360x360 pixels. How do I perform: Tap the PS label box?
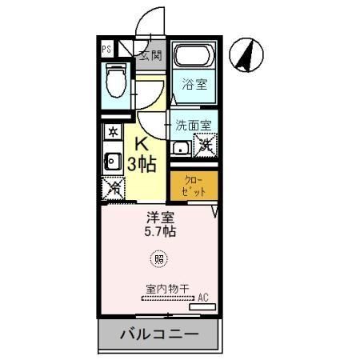pyautogui.click(x=107, y=49)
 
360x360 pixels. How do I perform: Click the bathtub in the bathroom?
pyautogui.click(x=194, y=58)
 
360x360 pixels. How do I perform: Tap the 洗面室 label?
pyautogui.click(x=194, y=126)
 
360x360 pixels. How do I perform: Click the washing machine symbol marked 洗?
pyautogui.click(x=206, y=146)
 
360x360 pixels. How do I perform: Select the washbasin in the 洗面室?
pyautogui.click(x=181, y=147)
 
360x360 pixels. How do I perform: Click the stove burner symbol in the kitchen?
pyautogui.click(x=113, y=131)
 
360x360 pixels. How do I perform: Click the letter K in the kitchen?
pyautogui.click(x=141, y=146)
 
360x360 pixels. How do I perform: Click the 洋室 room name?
pyautogui.click(x=158, y=217)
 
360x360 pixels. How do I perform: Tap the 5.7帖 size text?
pyautogui.click(x=160, y=232)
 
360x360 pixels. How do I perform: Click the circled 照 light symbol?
pyautogui.click(x=159, y=258)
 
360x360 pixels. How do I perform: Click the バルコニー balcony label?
pyautogui.click(x=158, y=334)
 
